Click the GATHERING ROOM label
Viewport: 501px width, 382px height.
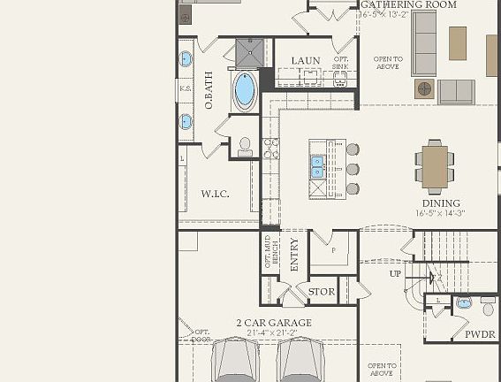[408, 4]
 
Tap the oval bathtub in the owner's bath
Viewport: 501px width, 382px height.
[245, 89]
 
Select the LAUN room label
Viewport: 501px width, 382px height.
[306, 61]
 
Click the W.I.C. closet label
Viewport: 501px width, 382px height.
[215, 194]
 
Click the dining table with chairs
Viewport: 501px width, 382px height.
[435, 166]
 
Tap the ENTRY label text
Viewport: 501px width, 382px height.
[294, 255]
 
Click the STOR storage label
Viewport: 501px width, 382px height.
[322, 291]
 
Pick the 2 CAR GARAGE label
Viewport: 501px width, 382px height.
[273, 324]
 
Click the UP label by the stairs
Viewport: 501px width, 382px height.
[395, 273]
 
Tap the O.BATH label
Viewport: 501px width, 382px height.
[209, 91]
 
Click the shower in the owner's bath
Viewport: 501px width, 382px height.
[250, 52]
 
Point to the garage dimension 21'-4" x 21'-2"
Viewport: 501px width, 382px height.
[273, 333]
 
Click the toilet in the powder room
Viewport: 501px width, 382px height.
[487, 304]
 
